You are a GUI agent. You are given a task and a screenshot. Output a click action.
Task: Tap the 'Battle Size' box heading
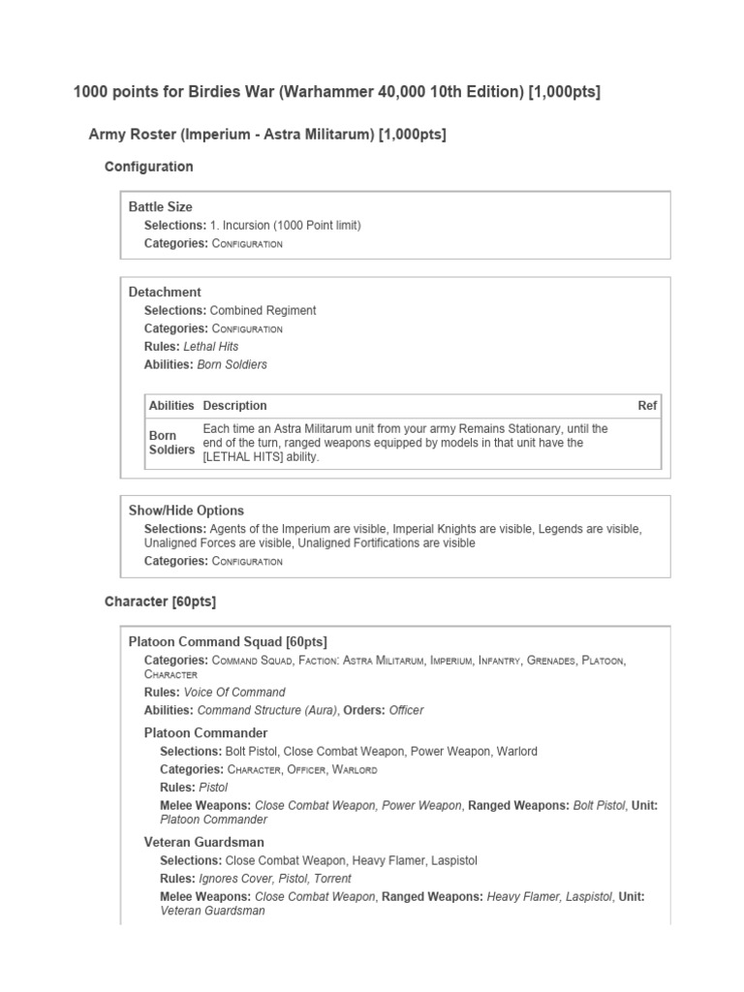click(160, 206)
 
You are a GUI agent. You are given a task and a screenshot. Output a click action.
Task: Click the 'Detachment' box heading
click(165, 292)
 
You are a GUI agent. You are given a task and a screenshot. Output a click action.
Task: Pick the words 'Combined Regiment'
click(263, 310)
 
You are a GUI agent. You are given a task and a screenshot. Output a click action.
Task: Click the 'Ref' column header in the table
click(647, 405)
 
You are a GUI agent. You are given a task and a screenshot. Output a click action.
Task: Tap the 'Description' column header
click(234, 405)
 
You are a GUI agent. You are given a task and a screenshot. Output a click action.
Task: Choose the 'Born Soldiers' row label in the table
click(170, 443)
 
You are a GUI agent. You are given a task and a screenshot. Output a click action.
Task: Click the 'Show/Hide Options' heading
click(186, 510)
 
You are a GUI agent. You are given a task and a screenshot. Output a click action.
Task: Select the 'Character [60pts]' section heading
click(160, 602)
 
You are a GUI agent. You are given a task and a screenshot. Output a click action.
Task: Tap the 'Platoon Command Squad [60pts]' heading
click(228, 641)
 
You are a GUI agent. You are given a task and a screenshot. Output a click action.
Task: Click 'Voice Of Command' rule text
click(241, 692)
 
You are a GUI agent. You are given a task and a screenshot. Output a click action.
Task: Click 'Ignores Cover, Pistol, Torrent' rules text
click(274, 879)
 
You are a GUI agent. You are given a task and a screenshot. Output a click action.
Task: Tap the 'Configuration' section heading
click(148, 167)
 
